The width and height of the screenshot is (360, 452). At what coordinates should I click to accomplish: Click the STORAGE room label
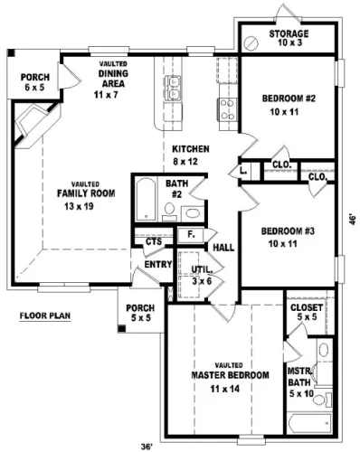[x=289, y=33]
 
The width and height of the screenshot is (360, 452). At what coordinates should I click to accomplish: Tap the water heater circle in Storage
[x=251, y=43]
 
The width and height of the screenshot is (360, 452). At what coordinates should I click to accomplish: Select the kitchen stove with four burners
[x=228, y=109]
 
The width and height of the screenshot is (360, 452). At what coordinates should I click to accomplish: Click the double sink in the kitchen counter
[x=173, y=88]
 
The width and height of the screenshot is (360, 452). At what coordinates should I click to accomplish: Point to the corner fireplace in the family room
[x=33, y=124]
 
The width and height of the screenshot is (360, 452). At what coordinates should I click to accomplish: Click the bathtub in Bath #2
[x=146, y=199]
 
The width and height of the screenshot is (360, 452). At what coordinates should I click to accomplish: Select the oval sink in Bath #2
[x=193, y=213]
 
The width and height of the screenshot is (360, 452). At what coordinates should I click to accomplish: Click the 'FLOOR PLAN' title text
[x=45, y=315]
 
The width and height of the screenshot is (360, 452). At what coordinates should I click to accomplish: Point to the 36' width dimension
[x=147, y=447]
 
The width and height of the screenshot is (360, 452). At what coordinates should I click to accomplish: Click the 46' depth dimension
[x=353, y=220]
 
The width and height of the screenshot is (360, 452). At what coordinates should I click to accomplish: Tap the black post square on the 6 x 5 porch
[x=11, y=52]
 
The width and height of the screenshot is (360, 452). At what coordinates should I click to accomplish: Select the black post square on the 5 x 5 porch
[x=121, y=328]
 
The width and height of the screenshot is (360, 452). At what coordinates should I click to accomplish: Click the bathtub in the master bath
[x=309, y=423]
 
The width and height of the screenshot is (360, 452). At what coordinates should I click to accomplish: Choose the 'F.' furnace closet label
[x=191, y=234]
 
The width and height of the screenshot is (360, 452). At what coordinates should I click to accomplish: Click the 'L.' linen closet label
[x=243, y=171]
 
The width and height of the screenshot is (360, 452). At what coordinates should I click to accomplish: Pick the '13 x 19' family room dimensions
[x=79, y=206]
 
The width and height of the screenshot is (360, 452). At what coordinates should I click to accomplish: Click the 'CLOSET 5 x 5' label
[x=307, y=312]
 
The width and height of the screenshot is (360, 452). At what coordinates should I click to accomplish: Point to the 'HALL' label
[x=223, y=248]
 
